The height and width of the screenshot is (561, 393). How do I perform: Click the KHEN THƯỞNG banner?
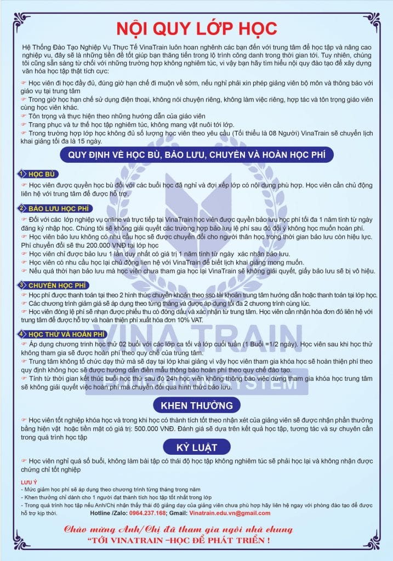(196, 405)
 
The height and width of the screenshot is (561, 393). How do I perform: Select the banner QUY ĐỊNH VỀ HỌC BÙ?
(196, 155)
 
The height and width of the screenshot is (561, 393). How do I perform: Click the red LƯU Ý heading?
(28, 482)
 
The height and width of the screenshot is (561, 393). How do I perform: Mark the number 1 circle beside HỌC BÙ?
(21, 174)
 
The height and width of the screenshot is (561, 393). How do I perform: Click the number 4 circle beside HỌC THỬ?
(21, 333)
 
